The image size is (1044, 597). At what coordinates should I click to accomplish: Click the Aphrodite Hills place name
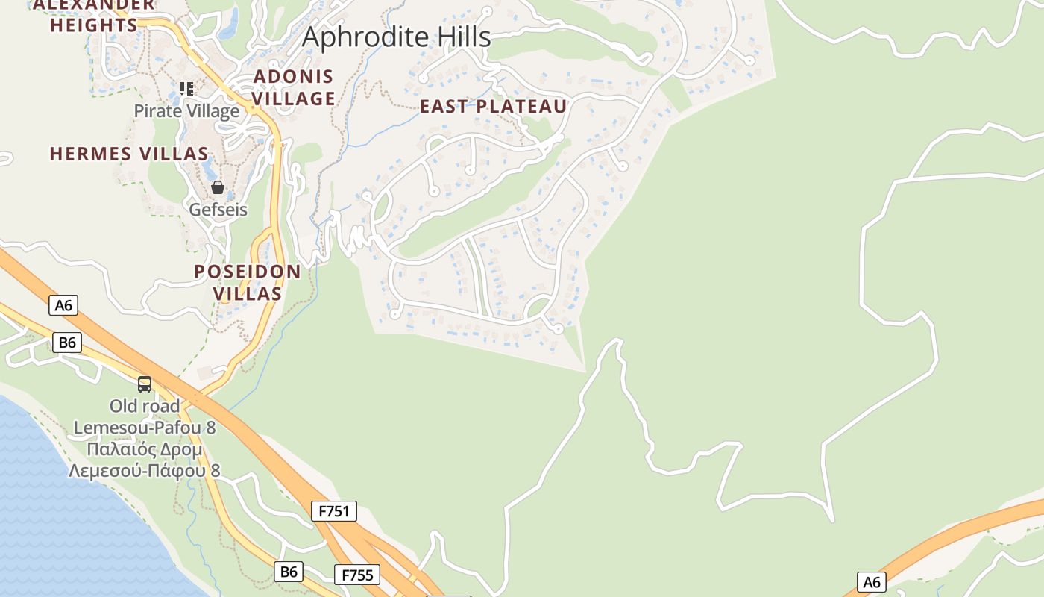coord(396,37)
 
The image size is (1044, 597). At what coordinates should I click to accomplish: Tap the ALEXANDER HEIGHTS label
coord(94,15)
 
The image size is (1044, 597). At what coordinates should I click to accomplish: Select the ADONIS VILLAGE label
coord(294,87)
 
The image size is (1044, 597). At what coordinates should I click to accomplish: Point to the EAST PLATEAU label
coord(493,107)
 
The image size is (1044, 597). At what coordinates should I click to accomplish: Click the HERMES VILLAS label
coord(129,154)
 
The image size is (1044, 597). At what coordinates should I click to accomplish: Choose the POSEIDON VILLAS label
coord(248,283)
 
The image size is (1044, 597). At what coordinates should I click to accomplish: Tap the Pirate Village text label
coord(186,111)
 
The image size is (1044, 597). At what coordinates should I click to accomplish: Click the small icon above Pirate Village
coord(186,89)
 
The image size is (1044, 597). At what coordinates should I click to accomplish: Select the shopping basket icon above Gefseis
coord(218,187)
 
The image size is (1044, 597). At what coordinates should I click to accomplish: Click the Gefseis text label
coord(218,209)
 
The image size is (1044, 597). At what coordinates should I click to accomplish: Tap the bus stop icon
coord(145,384)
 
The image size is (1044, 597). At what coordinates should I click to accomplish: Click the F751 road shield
coord(333,511)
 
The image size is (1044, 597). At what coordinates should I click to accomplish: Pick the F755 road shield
coord(356,575)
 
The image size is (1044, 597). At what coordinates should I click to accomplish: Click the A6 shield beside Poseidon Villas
coord(63,304)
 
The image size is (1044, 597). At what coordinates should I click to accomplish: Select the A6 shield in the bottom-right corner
coord(870,582)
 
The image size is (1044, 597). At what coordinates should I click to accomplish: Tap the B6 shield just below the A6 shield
coord(67,343)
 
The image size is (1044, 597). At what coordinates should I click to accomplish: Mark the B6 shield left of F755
coord(288,572)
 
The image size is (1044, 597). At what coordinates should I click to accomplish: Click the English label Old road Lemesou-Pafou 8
coord(145,417)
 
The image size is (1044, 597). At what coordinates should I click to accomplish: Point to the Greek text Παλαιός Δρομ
coord(145,450)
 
